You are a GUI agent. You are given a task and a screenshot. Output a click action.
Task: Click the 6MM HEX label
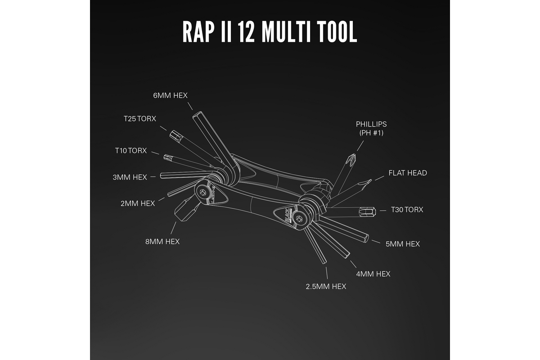(x=170, y=95)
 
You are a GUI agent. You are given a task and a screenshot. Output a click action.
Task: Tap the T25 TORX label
(x=140, y=119)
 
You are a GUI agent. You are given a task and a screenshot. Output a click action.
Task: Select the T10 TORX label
(x=131, y=151)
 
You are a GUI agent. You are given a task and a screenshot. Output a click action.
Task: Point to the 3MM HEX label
(x=130, y=177)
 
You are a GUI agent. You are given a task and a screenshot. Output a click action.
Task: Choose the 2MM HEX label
(x=138, y=203)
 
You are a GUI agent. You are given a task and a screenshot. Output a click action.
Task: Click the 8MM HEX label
(x=162, y=242)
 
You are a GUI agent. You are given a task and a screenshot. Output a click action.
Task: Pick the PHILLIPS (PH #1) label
(x=371, y=128)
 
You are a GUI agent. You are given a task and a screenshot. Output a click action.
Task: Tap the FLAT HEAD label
(x=408, y=173)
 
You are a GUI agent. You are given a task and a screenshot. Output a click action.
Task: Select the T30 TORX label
(x=407, y=210)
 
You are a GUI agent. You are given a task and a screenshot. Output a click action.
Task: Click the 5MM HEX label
(x=403, y=244)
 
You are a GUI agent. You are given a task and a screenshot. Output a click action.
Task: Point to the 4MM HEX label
(x=373, y=274)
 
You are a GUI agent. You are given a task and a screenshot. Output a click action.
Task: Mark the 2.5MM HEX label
(x=327, y=286)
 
